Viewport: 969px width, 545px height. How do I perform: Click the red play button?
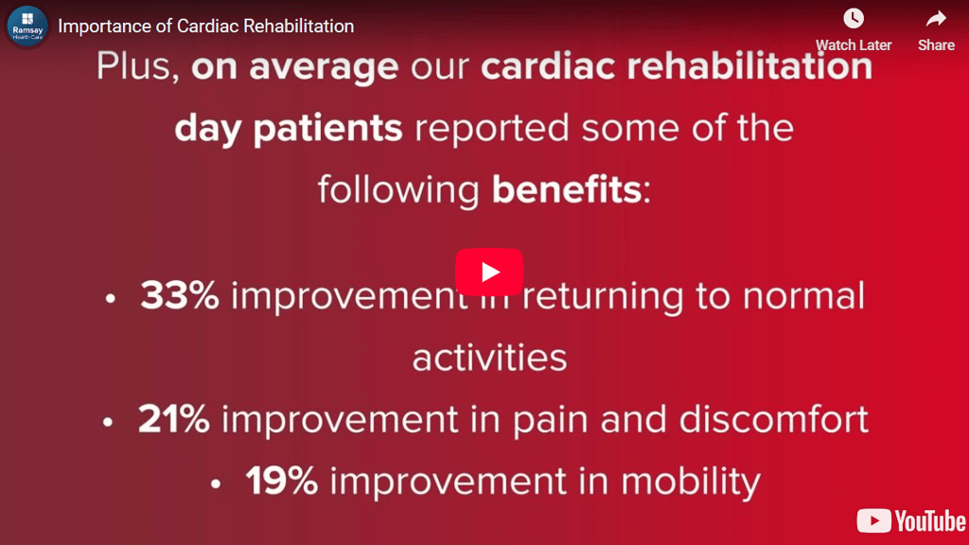[489, 272]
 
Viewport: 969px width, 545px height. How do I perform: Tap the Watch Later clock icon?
[854, 19]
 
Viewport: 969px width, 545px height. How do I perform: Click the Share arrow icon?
[936, 19]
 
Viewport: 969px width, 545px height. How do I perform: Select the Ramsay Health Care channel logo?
[27, 26]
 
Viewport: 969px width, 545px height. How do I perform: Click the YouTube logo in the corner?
[911, 521]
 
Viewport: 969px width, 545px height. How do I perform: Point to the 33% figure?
[179, 295]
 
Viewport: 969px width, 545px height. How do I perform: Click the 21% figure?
[174, 419]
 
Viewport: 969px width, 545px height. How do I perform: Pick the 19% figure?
[282, 481]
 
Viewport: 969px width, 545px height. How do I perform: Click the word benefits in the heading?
[567, 189]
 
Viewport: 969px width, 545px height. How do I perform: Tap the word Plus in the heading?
[133, 65]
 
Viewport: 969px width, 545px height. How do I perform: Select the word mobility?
[691, 482]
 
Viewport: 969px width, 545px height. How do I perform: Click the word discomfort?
[774, 419]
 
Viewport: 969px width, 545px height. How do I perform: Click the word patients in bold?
[327, 129]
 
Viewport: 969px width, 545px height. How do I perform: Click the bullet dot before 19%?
[215, 484]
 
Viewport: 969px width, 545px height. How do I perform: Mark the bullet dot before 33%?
[110, 299]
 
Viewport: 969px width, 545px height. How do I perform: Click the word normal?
[802, 295]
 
